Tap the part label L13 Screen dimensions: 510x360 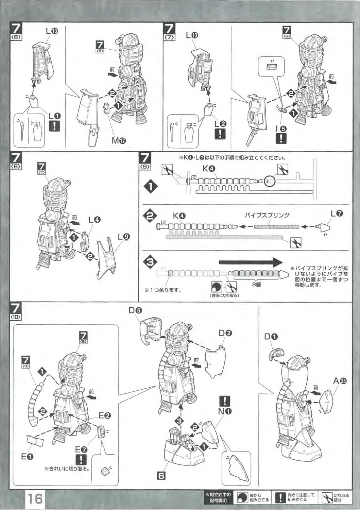pos(52,31)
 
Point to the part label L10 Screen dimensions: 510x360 pos(192,35)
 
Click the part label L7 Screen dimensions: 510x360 pos(337,214)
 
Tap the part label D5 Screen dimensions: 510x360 pos(135,310)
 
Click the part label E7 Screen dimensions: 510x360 pos(81,449)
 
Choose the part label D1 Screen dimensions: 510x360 pos(271,337)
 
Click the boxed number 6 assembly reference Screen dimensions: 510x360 pos(161,476)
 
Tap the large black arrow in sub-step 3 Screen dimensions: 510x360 pos(251,262)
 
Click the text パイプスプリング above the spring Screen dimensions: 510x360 pos(267,215)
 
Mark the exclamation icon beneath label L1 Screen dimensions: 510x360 pos(54,126)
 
